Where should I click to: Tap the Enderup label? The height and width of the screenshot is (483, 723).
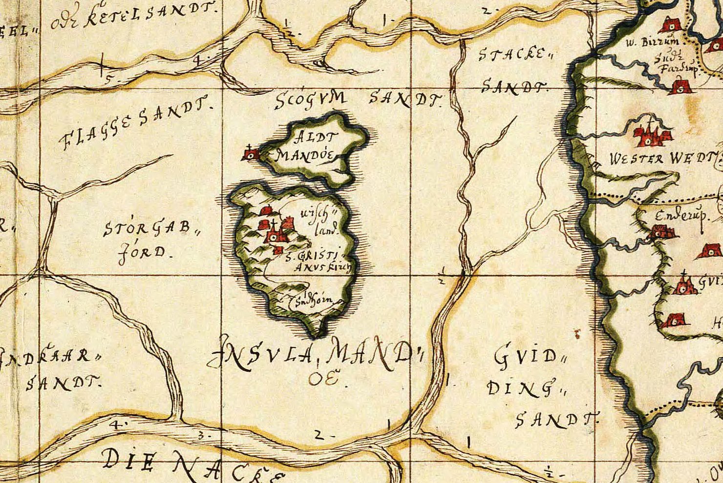pyautogui.click(x=682, y=215)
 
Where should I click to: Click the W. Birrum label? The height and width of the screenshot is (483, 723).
pyautogui.click(x=649, y=43)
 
